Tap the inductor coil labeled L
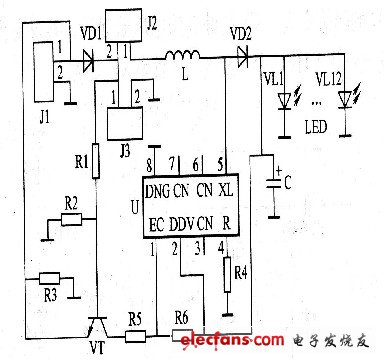[184, 54]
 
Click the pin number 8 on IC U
[150, 162]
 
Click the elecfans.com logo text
[229, 346]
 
